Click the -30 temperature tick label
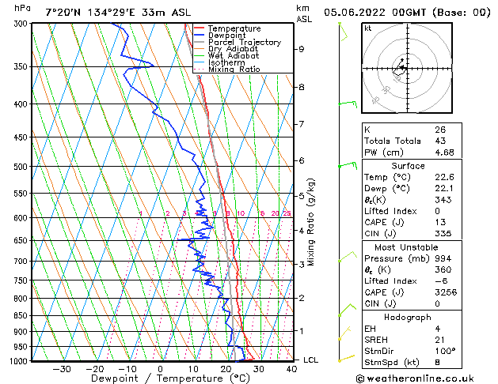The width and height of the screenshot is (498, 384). (61, 369)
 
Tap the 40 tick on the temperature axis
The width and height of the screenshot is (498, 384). (291, 369)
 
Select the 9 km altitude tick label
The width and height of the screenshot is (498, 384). (301, 49)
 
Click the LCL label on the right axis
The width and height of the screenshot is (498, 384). (312, 360)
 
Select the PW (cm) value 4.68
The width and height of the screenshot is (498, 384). (443, 152)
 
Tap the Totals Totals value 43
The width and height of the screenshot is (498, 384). (439, 141)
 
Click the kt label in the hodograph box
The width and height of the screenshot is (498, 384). (368, 28)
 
